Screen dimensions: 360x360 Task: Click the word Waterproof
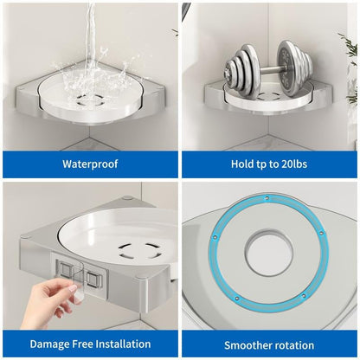click(90, 164)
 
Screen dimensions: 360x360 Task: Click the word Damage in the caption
click(49, 344)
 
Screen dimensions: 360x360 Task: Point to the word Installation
click(123, 344)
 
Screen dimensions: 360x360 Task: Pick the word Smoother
click(248, 345)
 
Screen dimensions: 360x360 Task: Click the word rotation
click(294, 345)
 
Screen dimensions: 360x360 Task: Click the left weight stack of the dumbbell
click(243, 73)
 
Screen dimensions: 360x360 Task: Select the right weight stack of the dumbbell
click(294, 68)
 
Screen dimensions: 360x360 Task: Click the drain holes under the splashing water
click(89, 101)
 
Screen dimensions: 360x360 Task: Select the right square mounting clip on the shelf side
click(94, 280)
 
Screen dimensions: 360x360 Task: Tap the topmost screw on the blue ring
click(267, 198)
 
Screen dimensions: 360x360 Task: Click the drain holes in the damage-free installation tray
click(141, 250)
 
